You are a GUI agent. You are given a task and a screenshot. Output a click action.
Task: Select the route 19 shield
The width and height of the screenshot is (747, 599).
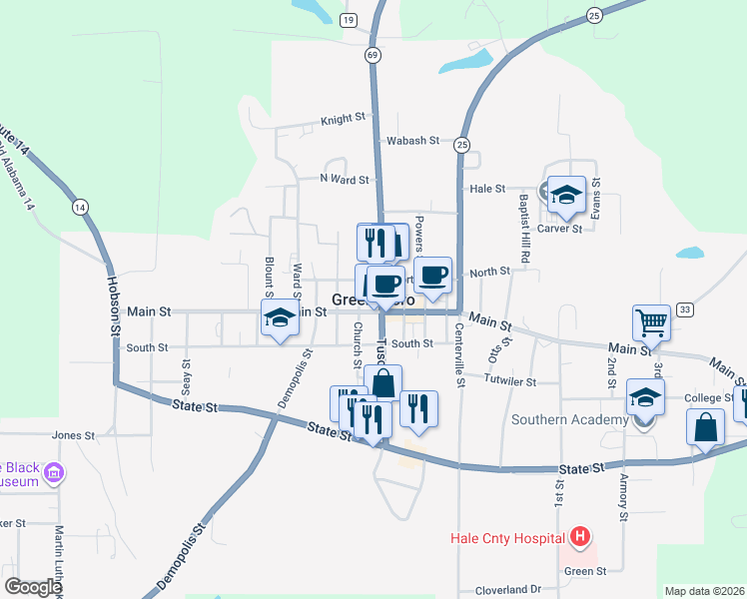coord(347,20)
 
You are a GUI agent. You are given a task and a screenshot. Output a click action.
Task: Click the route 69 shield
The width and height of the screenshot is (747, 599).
coord(373,56)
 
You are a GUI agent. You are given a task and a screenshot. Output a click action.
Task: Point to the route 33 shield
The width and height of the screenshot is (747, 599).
coord(684,309)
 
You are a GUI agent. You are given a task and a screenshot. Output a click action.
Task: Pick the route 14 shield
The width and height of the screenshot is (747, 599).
coord(80,207)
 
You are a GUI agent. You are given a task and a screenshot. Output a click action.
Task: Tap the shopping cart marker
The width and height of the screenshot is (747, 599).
coord(651,323)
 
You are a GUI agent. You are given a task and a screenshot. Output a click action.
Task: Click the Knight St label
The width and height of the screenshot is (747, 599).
coord(343,119)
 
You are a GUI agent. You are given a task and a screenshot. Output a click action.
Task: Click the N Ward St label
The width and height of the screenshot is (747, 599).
coord(345,180)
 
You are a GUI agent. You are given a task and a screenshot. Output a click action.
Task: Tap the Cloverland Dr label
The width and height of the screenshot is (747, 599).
coord(507,590)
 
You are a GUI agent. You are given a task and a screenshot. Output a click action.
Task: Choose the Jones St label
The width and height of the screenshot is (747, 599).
coord(73,436)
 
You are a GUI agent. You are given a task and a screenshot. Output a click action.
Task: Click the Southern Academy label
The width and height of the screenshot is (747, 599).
coord(569,420)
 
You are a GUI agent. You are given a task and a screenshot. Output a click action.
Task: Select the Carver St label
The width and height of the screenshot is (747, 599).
coord(560,229)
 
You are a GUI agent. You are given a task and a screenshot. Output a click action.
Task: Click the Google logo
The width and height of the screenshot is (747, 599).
coord(34,587)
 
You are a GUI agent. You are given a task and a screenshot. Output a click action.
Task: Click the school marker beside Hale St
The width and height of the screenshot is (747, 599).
coord(566,195)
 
